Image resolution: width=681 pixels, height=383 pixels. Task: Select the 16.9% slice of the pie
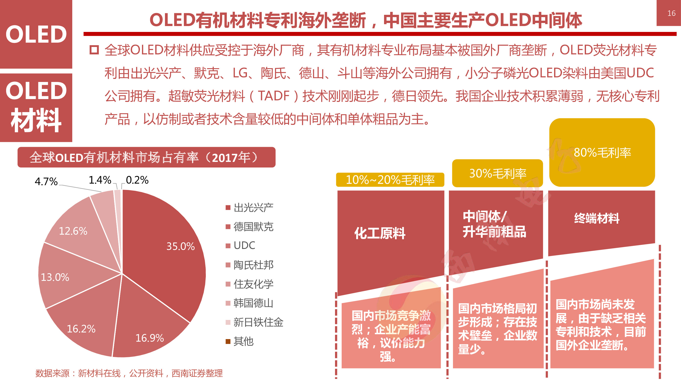pos(148,330)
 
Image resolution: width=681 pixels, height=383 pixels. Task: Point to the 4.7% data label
pos(46,182)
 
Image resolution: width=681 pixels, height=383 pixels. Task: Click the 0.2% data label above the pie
pos(137,180)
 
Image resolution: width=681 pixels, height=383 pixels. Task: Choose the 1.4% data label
pos(100,180)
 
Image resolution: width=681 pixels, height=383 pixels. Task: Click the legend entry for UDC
pos(244,246)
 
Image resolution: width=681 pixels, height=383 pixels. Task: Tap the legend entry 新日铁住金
pos(258,322)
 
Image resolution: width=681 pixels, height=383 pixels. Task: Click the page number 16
pos(671,13)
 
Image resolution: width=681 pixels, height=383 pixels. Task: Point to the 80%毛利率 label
pos(602,152)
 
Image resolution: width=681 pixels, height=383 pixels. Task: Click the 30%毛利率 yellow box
pos(497,173)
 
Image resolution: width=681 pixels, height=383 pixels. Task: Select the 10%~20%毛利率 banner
pos(390,180)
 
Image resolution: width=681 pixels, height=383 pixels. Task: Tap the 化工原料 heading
pos(380,233)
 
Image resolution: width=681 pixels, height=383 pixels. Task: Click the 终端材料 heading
pos(597,218)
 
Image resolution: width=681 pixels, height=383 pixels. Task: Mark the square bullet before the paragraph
pos(94,50)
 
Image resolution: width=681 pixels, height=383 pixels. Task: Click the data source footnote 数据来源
pos(129,373)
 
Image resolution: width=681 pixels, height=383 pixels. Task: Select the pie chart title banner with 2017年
pos(147,157)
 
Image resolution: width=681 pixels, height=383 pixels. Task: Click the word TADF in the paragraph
pos(274,96)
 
